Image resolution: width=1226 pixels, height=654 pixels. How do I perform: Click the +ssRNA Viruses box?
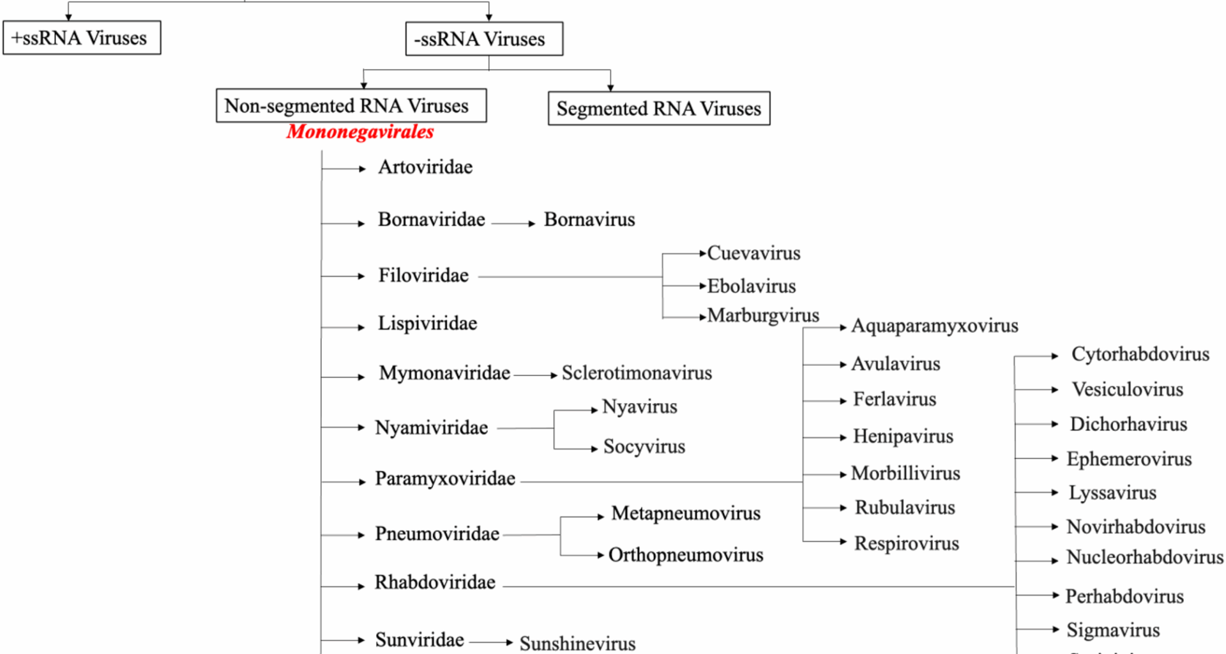click(82, 38)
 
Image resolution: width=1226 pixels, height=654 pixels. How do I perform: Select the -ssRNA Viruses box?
click(484, 39)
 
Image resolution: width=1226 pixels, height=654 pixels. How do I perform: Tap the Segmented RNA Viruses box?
click(658, 109)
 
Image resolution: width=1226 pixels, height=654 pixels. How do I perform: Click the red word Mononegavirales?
click(360, 132)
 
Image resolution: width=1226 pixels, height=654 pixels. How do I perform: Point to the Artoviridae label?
click(425, 167)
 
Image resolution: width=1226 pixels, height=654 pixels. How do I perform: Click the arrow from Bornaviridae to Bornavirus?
click(513, 224)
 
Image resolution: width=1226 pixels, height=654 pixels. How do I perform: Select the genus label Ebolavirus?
click(752, 286)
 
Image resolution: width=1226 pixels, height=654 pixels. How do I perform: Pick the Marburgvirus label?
click(763, 316)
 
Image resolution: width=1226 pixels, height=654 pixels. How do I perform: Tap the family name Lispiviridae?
click(427, 323)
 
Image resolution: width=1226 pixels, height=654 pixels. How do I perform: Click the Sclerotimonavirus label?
click(637, 373)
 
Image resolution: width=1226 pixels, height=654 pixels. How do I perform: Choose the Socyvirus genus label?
click(644, 446)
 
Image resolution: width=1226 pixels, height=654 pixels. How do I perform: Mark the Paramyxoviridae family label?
click(445, 478)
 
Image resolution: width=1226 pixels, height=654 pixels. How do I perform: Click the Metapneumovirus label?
click(686, 513)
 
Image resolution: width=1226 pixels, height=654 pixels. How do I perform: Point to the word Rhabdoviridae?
click(435, 582)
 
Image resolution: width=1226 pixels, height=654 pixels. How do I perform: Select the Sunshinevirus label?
click(577, 643)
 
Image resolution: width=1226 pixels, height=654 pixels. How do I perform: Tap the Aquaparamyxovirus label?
click(935, 326)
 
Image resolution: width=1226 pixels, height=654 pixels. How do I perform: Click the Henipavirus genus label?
click(903, 436)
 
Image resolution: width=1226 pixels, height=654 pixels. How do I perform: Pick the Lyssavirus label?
click(1112, 493)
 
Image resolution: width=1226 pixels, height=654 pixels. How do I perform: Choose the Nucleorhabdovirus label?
click(1145, 557)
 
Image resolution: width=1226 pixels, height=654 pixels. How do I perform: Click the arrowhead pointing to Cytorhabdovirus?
click(1054, 356)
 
